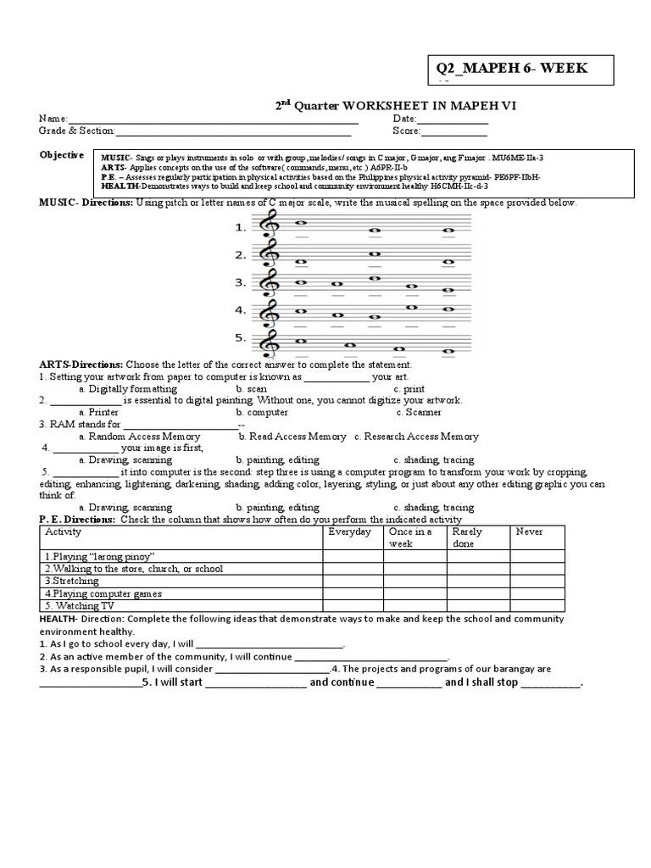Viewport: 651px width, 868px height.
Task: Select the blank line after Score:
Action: point(454,132)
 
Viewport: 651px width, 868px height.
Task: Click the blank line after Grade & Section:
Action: point(233,132)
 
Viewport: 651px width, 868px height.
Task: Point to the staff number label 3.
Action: point(241,282)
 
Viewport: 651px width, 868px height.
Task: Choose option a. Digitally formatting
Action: point(128,388)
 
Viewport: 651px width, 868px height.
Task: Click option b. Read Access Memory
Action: point(292,437)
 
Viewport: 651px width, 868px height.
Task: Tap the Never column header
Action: point(530,531)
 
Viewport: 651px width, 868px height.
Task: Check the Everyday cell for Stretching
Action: point(352,581)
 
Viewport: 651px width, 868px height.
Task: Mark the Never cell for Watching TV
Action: point(542,606)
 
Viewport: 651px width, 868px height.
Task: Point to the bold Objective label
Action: point(62,155)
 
